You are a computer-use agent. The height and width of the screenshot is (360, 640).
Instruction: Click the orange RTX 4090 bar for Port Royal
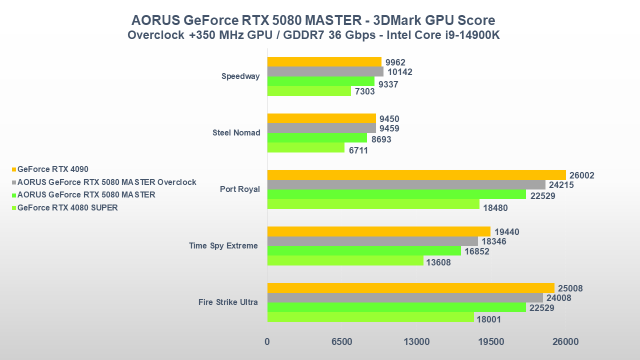tap(416, 175)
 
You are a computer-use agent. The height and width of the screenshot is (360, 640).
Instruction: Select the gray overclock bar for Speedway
tap(325, 71)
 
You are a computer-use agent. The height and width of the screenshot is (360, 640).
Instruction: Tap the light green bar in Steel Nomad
tap(306, 148)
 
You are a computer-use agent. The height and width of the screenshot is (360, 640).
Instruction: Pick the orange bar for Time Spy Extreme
tap(379, 231)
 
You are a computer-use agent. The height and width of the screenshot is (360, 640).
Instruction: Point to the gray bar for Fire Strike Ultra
tap(405, 298)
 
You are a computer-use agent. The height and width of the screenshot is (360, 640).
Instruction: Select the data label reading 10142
tap(400, 72)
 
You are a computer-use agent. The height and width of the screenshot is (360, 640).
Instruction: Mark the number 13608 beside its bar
tap(439, 262)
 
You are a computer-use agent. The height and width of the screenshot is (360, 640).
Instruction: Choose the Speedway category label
tap(240, 76)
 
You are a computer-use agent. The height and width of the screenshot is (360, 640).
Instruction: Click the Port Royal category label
tap(240, 189)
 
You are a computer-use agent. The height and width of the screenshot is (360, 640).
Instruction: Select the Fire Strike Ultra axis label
tap(228, 302)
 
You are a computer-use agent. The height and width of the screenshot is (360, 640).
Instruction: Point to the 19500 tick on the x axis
tap(491, 342)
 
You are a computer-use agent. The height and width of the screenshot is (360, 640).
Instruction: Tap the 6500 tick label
tap(342, 342)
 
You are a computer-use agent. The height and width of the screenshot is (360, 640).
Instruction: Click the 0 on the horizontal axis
tap(267, 342)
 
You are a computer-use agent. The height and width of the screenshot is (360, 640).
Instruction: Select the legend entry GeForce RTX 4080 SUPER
tap(67, 207)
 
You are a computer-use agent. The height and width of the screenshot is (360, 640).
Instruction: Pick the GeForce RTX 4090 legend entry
tap(52, 169)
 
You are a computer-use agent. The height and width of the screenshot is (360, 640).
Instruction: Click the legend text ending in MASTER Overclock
tap(106, 182)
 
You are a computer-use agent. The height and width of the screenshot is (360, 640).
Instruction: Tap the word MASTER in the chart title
tap(330, 20)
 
